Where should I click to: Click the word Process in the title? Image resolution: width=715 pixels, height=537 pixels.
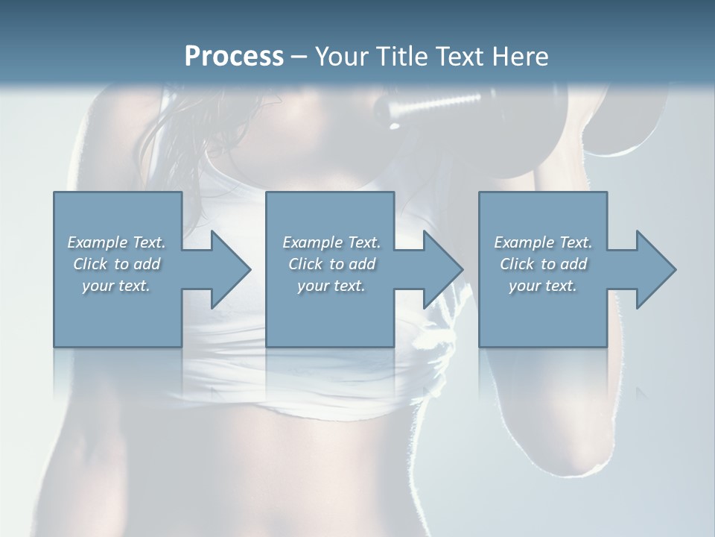pos(234,57)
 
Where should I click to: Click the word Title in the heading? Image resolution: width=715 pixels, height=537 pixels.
pos(400,57)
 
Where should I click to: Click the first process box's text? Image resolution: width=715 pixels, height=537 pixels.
pos(117,264)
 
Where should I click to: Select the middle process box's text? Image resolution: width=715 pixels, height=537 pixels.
pos(331,264)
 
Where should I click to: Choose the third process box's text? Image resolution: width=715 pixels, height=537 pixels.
pos(542,264)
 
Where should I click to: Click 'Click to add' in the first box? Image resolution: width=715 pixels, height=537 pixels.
pos(117,264)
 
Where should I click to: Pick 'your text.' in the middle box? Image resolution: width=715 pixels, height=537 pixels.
pos(331,286)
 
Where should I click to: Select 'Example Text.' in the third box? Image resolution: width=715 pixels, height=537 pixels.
pos(542,242)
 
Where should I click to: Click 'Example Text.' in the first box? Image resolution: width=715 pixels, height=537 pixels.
pos(117,242)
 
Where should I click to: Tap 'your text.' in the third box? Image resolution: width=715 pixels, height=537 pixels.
pos(542,286)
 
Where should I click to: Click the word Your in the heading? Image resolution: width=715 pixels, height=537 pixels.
pos(340,57)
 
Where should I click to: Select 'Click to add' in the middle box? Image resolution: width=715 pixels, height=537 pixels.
pos(331,264)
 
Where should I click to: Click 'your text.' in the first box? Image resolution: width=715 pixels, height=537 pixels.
pos(117,286)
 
